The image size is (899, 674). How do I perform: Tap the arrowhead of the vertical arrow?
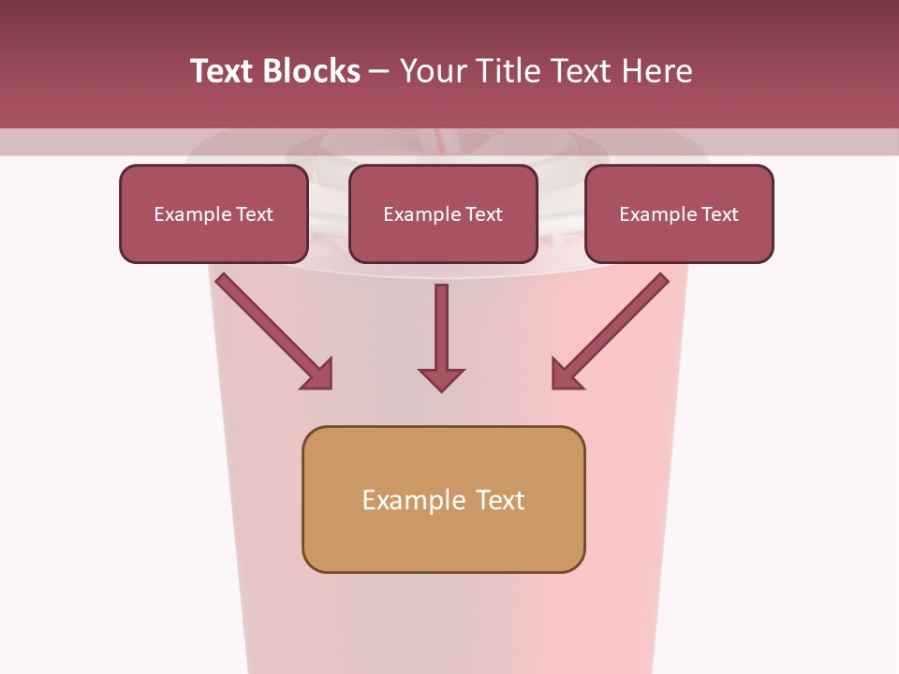441,378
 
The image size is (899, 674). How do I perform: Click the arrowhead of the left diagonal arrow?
318,374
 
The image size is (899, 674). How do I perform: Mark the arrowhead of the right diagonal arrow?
566,374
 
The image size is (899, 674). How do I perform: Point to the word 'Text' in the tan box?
501,501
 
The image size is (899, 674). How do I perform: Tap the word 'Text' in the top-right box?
719,214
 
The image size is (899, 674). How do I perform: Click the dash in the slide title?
379,72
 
